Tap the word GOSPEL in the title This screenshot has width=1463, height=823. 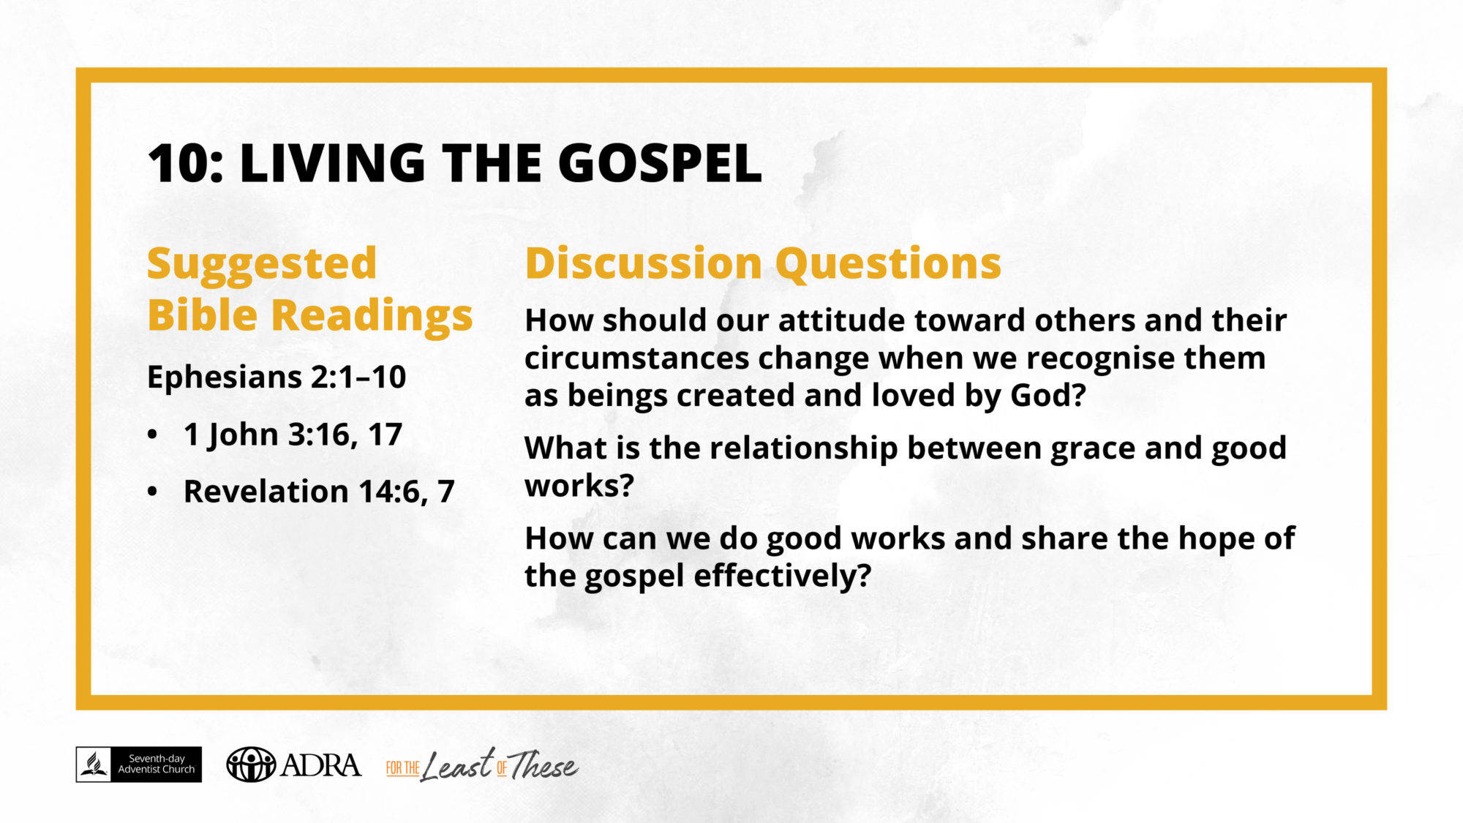(660, 162)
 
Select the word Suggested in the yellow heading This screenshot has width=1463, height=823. (262, 265)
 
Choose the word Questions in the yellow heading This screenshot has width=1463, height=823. (888, 264)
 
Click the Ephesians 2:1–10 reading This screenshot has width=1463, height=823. (277, 377)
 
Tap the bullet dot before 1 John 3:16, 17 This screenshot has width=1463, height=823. (152, 435)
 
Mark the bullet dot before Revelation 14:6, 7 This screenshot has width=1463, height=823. (152, 492)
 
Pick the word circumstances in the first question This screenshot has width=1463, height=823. (636, 358)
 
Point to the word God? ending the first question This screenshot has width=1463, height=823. (1048, 395)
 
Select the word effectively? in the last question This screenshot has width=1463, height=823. (782, 576)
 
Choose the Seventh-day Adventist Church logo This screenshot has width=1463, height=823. (139, 764)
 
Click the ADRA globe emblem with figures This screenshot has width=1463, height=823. (251, 764)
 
